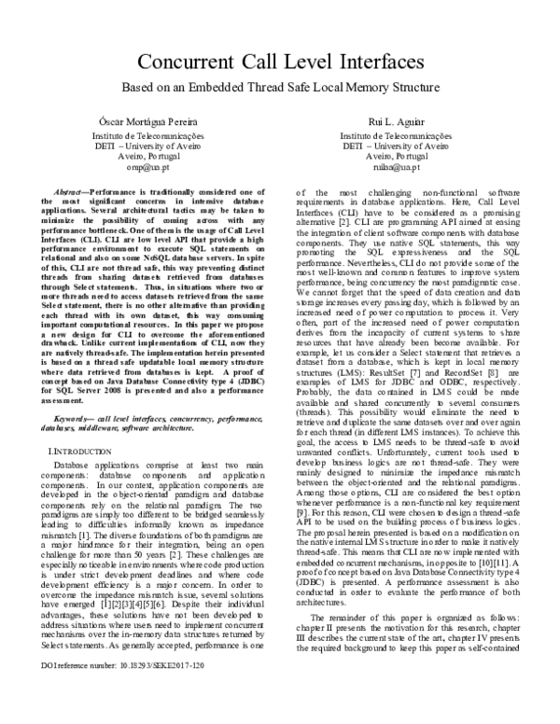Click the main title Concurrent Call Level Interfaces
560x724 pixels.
pyautogui.click(x=279, y=63)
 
